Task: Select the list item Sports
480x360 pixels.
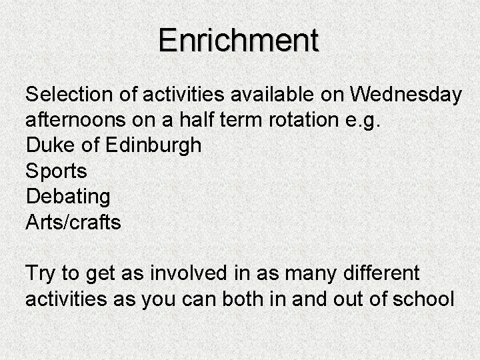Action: pyautogui.click(x=56, y=171)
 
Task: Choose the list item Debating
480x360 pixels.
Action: pyautogui.click(x=67, y=197)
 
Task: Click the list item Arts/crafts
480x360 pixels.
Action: pyautogui.click(x=73, y=222)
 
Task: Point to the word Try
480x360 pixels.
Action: pyautogui.click(x=42, y=273)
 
